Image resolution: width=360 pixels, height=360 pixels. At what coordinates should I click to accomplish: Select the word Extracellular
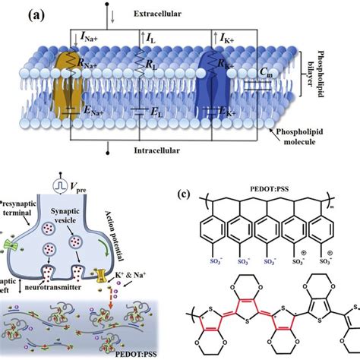[177, 14]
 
